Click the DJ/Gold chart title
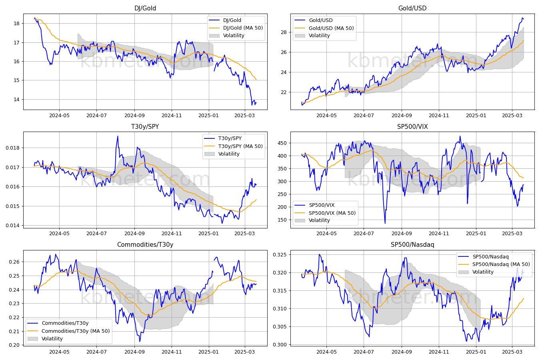pyautogui.click(x=145, y=8)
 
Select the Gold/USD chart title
pyautogui.click(x=412, y=8)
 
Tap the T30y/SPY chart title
pyautogui.click(x=145, y=126)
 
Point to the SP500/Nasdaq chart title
pyautogui.click(x=412, y=245)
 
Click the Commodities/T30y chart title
pyautogui.click(x=145, y=245)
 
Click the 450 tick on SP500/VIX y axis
pyautogui.click(x=282, y=143)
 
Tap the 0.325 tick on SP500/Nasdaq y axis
pyautogui.click(x=280, y=255)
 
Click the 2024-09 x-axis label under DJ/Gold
pyautogui.click(x=134, y=116)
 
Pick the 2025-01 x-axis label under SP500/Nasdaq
pyautogui.click(x=476, y=352)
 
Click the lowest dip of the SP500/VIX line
pyautogui.click(x=385, y=223)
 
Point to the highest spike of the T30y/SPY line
pyautogui.click(x=118, y=136)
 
